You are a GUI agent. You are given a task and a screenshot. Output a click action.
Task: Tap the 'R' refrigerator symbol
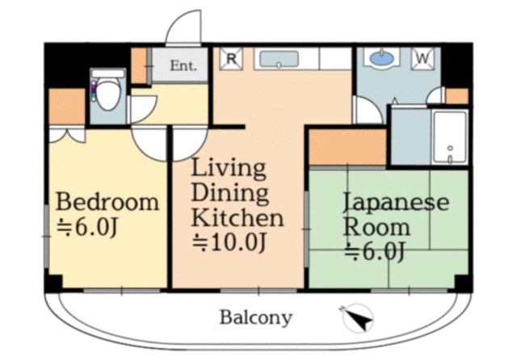(232, 59)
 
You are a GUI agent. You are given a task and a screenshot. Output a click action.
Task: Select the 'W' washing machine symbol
(424, 59)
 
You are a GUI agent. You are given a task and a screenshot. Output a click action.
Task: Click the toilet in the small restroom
(107, 94)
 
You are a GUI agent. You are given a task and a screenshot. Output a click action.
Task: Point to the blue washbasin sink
(380, 58)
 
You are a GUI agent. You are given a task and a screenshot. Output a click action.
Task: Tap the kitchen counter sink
(279, 59)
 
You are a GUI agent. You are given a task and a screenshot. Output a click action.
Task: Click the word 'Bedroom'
(107, 202)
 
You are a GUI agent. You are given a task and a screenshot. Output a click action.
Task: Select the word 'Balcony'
(255, 317)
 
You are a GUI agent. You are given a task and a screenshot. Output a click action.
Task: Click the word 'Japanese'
(395, 202)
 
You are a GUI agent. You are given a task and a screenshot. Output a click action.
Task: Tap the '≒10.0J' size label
(228, 242)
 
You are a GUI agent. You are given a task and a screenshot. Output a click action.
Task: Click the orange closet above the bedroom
(66, 107)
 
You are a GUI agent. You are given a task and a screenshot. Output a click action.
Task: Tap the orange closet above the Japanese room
(347, 147)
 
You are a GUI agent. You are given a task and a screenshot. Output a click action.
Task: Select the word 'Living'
(229, 169)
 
